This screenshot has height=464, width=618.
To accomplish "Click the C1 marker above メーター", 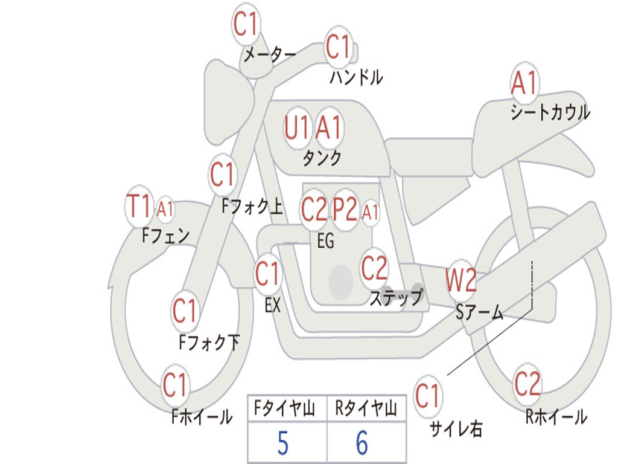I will pos(246,25).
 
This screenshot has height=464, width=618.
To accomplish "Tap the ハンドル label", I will pos(356,77).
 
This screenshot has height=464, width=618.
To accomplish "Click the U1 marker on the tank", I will pos(297,127).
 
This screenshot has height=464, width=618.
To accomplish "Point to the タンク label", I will pos(322,158).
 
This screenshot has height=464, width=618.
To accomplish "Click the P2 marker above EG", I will pos(346,209).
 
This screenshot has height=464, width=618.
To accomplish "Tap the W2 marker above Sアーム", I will pos(462,280).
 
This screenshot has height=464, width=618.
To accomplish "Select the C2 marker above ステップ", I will pos(374,268).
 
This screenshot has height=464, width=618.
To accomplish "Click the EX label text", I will pos(273,306).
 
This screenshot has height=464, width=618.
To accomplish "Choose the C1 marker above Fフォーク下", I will pos(185,311).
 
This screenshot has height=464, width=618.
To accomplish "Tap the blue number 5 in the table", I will pos(282,443).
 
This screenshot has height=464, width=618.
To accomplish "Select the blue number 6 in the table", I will pos(362,443).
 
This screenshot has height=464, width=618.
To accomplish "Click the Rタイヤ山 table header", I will pos(366,410).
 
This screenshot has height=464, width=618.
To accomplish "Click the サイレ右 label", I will pos(456,429).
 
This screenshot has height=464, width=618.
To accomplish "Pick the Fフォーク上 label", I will pos(252,207).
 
